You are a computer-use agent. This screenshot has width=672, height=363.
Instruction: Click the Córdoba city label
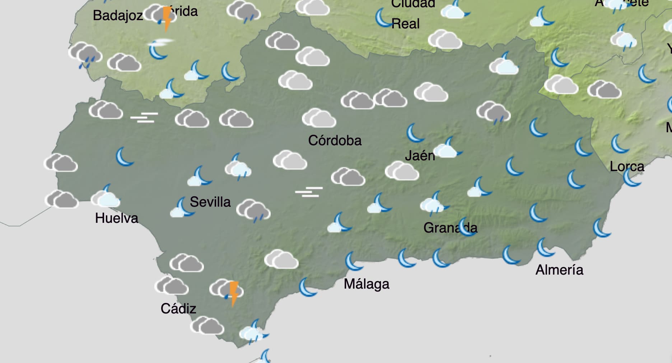(x=335, y=140)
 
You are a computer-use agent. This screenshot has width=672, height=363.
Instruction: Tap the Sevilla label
(x=210, y=202)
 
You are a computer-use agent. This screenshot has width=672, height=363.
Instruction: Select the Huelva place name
(x=116, y=218)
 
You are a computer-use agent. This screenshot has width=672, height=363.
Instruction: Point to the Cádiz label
(x=178, y=308)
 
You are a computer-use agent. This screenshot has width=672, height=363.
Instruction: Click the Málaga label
(x=366, y=284)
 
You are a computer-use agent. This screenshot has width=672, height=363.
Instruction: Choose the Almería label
(x=559, y=270)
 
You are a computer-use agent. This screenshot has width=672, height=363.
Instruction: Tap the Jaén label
(x=420, y=156)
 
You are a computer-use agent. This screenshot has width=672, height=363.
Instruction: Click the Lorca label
(x=627, y=166)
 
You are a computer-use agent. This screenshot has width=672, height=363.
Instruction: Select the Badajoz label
(x=118, y=15)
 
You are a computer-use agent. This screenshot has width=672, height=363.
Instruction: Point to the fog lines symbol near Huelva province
(x=144, y=117)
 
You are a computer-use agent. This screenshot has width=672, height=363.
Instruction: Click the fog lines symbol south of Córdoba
(x=309, y=192)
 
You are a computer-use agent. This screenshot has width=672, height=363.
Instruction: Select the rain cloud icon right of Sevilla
(x=253, y=211)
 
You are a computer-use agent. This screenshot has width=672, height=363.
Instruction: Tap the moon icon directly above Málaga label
(x=353, y=261)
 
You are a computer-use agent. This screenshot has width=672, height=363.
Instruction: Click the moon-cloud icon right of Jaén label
(x=447, y=148)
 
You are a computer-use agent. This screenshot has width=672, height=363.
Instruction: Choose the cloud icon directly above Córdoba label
(x=319, y=118)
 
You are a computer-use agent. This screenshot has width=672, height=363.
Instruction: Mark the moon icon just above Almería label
(x=545, y=248)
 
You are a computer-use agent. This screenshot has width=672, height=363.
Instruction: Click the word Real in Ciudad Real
(x=405, y=24)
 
